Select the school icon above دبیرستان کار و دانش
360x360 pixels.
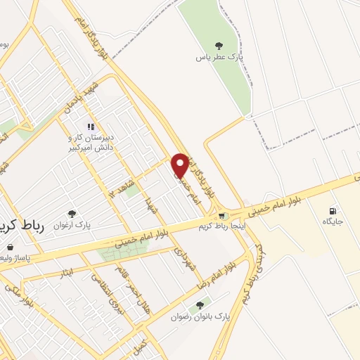91,127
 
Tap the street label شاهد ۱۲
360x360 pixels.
121,178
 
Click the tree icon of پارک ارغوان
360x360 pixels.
72,213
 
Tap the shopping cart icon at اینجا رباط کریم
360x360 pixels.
222,215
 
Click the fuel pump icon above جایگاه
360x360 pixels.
332,210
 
